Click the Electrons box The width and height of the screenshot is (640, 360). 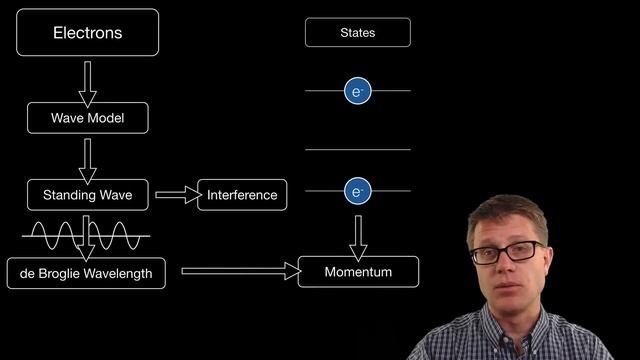click(x=87, y=32)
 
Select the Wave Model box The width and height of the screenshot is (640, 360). click(x=88, y=118)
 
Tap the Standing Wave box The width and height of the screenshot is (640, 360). click(x=88, y=195)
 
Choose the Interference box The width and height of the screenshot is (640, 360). click(x=242, y=195)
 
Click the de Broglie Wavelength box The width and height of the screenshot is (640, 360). click(x=86, y=273)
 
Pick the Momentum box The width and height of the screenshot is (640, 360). click(x=358, y=272)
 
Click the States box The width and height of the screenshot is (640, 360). click(x=358, y=32)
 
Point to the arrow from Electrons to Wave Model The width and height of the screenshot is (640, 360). click(x=87, y=84)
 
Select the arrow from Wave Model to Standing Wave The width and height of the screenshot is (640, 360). click(x=87, y=161)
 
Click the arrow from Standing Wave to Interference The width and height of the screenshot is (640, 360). click(x=178, y=195)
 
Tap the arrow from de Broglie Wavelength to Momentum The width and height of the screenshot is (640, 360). click(x=241, y=271)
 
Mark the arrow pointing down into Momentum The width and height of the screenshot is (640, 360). click(x=358, y=238)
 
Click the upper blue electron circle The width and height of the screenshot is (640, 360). click(x=358, y=91)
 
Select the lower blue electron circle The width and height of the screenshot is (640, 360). click(x=358, y=191)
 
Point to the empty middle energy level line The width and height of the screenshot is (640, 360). click(x=358, y=150)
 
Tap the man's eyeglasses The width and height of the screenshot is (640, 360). click(x=507, y=252)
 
